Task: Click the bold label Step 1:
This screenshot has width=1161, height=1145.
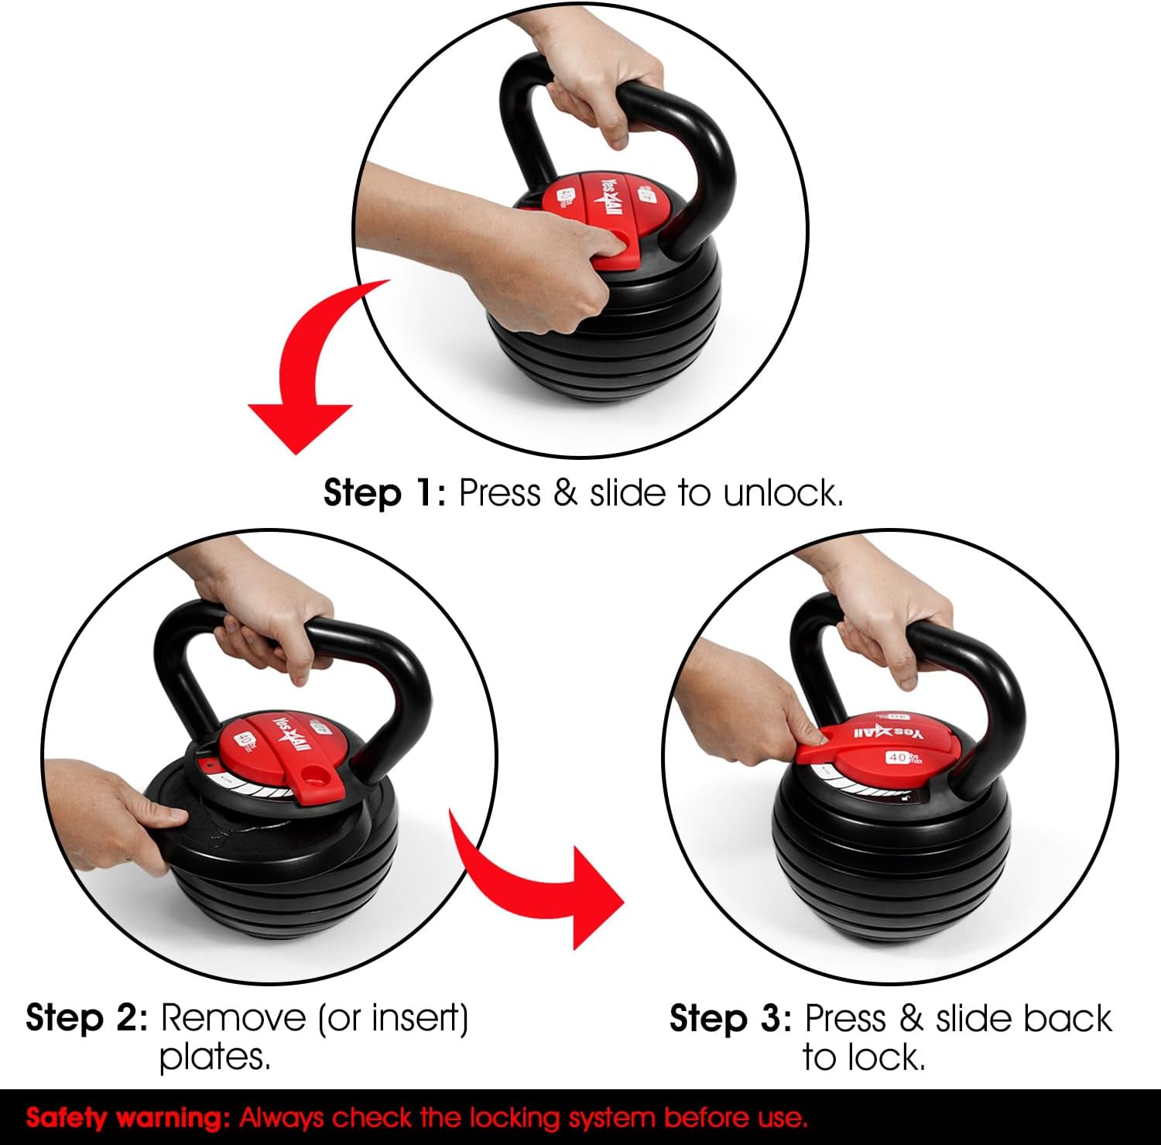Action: point(385,492)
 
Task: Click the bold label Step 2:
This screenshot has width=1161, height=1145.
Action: point(87,1017)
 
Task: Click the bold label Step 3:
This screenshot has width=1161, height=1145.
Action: point(731,1018)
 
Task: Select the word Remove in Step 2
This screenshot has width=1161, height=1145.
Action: point(233,1017)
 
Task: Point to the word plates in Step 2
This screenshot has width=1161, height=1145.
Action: point(215,1058)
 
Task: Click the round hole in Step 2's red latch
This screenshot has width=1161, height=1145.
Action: point(315,773)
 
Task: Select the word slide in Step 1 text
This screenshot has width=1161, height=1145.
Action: point(628,492)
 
